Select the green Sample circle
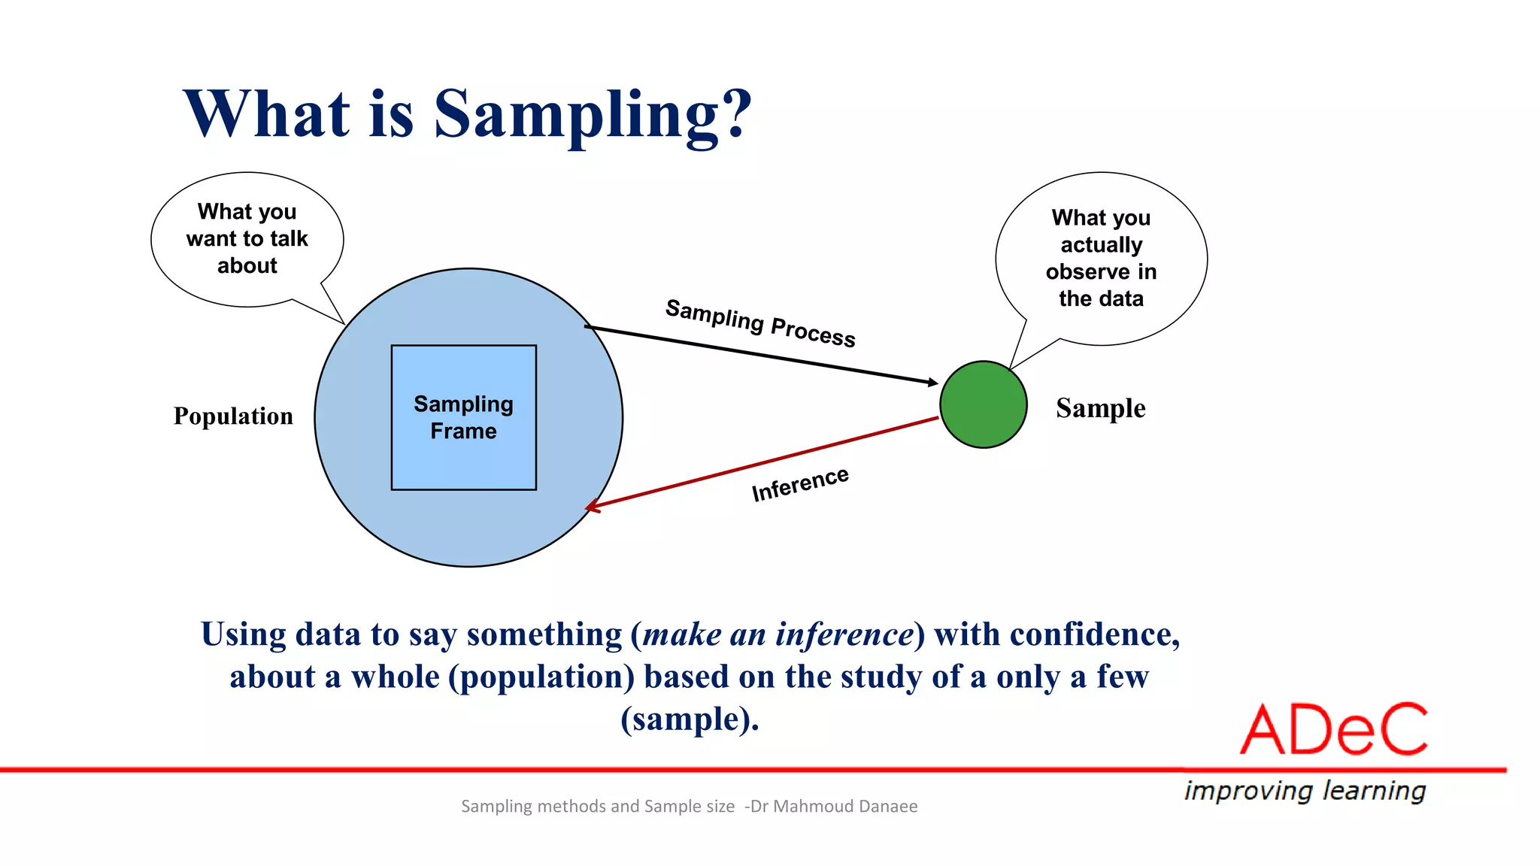983,404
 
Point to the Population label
233,416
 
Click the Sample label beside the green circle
1100,408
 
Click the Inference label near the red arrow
800,484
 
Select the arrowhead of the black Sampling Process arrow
933,383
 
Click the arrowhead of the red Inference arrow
593,507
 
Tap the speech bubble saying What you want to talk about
247,239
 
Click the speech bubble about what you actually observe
1101,258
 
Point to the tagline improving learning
1305,790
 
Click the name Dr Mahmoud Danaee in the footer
834,806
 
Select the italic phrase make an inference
778,634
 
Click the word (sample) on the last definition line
688,719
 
